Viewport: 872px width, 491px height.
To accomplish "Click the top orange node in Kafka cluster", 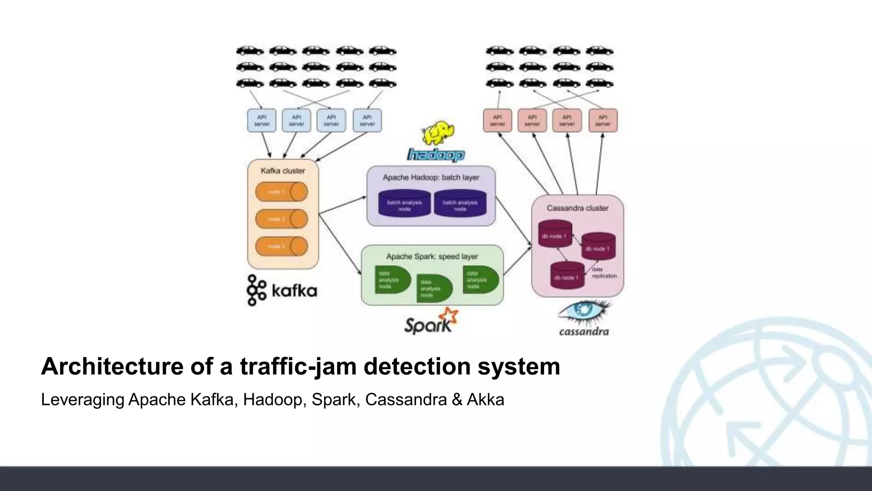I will [281, 192].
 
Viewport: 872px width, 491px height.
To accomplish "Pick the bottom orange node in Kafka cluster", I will [281, 246].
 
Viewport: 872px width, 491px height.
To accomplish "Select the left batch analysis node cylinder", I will [404, 204].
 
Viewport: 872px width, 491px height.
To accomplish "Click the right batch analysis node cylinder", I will [460, 204].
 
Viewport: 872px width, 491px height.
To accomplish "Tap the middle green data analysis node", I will [433, 289].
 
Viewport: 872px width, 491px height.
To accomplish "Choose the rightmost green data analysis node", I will [480, 280].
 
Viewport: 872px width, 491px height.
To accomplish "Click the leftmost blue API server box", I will [262, 121].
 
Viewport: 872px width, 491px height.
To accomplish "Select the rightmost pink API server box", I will [603, 121].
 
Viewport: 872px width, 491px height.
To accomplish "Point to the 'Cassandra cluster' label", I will [577, 208].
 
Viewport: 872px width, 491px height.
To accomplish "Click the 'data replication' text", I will [604, 273].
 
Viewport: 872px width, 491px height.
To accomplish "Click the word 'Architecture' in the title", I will [112, 367].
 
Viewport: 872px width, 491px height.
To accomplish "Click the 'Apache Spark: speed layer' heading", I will [432, 257].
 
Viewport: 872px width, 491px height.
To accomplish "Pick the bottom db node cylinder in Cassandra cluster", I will [567, 275].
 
